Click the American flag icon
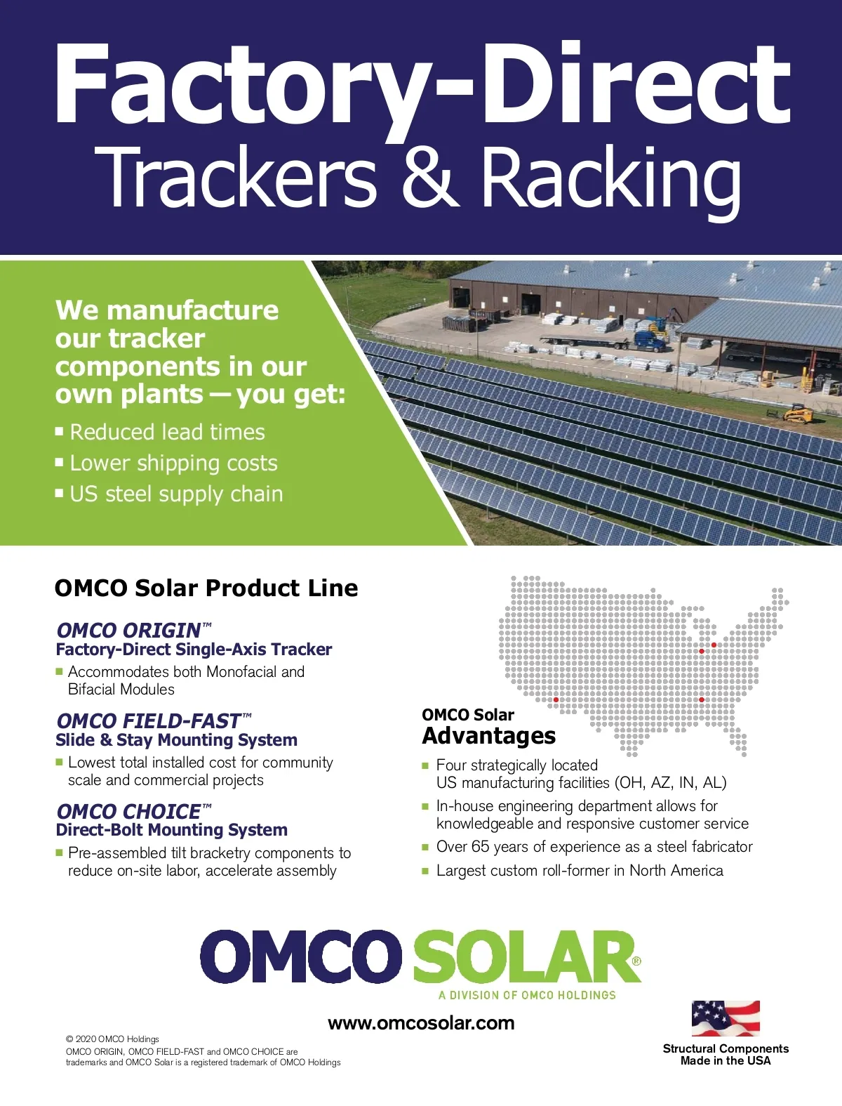coord(726,1018)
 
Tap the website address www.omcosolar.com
coord(421,1023)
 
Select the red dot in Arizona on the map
coord(556,700)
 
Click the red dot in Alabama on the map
coord(702,700)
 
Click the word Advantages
coord(488,737)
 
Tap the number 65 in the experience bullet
coord(480,847)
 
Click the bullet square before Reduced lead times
coord(60,431)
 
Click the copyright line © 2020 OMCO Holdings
coord(112,1039)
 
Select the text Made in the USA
coord(726,1060)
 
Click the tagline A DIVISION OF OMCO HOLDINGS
coord(527,995)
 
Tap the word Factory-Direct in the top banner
coord(422,86)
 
